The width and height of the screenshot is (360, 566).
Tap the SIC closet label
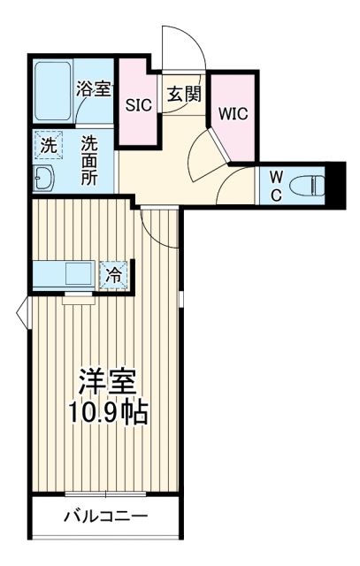click(x=137, y=103)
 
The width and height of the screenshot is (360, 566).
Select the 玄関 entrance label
click(x=182, y=93)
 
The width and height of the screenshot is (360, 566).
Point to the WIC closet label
click(x=233, y=114)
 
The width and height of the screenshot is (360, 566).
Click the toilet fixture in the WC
click(x=306, y=186)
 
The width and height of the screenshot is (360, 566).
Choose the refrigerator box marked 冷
click(x=113, y=275)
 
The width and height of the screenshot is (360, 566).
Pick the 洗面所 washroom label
click(x=90, y=160)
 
